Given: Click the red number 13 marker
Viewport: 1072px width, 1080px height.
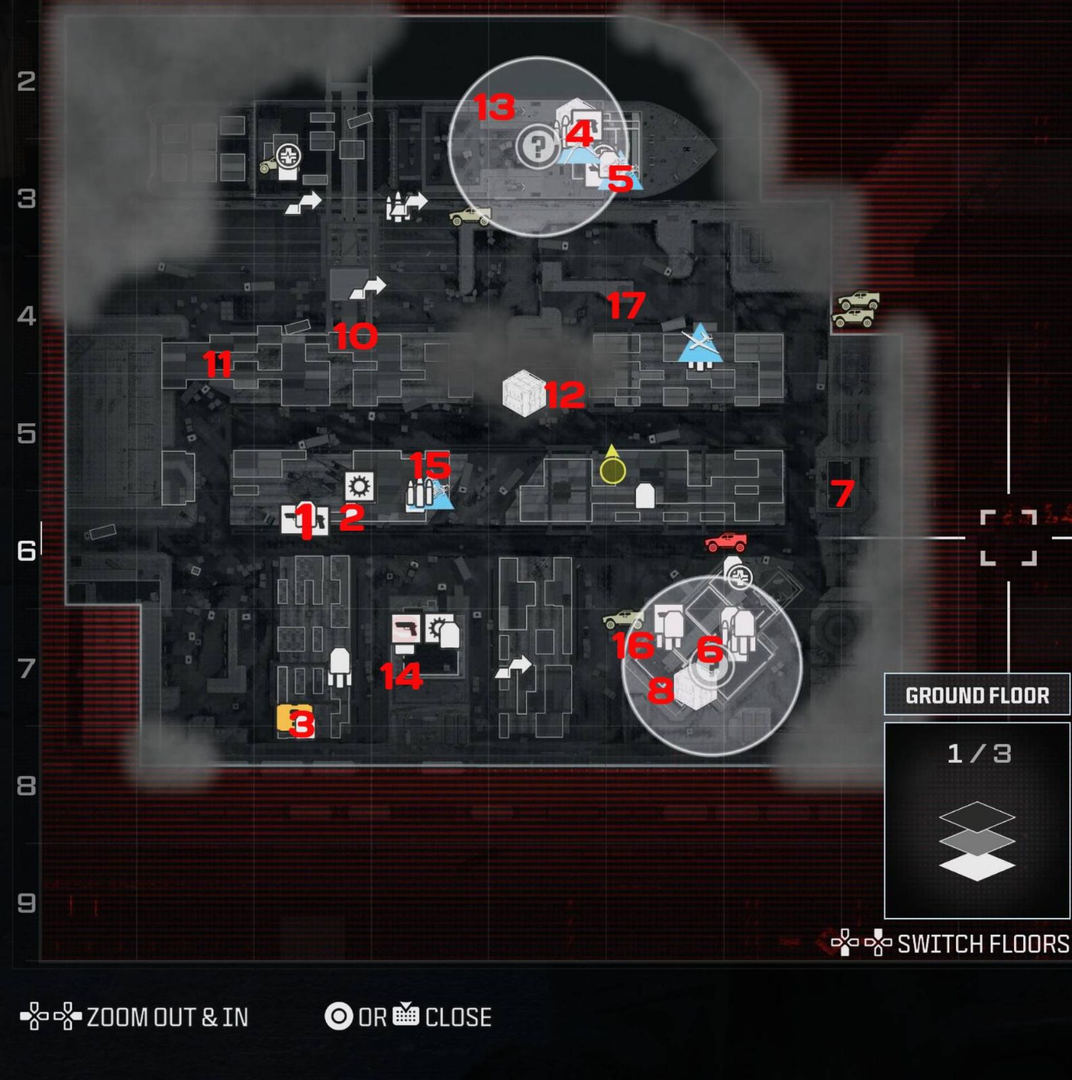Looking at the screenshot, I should click(495, 107).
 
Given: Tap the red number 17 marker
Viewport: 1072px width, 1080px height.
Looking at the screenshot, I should click(626, 305).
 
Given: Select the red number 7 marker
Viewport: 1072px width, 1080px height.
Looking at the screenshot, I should click(842, 493).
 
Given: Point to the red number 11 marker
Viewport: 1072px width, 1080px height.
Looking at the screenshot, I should click(217, 364).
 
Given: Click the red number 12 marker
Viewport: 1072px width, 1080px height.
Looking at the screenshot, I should click(564, 395).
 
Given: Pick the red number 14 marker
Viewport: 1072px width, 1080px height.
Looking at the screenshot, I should click(401, 676).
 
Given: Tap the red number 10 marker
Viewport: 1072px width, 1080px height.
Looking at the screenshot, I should click(355, 336).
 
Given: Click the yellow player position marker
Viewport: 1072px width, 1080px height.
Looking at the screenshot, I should click(612, 470).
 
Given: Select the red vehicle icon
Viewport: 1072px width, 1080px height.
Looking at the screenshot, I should click(726, 541).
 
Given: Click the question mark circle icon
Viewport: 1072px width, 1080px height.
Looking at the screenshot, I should click(537, 146).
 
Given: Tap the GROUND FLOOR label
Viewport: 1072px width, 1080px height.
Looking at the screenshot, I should click(977, 695).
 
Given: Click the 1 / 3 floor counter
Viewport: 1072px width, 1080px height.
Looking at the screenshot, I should click(978, 753).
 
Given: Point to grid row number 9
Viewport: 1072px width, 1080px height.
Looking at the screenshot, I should click(26, 902).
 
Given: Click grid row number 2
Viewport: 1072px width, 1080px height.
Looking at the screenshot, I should click(26, 81).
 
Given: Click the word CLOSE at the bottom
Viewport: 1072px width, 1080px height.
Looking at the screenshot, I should click(458, 1017).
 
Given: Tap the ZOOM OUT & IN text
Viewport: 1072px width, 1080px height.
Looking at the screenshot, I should click(167, 1017).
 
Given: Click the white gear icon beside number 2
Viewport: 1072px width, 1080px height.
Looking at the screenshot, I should click(359, 486).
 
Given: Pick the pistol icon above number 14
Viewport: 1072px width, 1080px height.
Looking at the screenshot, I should click(406, 629).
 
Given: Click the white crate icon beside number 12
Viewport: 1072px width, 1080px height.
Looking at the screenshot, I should click(524, 393).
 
